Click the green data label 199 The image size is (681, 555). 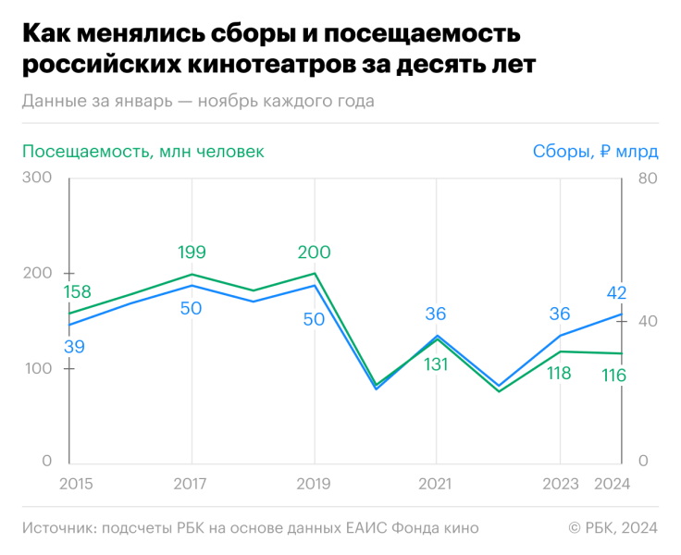[192, 253]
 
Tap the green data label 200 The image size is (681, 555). [314, 253]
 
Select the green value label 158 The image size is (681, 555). [76, 292]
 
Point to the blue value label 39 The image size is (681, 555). [75, 346]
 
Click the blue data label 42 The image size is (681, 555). [616, 293]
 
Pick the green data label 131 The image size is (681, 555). [436, 364]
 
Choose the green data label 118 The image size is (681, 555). [559, 374]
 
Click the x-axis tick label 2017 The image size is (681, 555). [192, 484]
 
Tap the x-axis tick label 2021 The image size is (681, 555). [436, 484]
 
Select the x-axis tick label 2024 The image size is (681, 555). [611, 484]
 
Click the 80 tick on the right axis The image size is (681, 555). [647, 178]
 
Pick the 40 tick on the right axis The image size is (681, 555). [647, 321]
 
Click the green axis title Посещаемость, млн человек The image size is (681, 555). [142, 152]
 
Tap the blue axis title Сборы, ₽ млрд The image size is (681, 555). [594, 152]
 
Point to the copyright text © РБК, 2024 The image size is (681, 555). [613, 528]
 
